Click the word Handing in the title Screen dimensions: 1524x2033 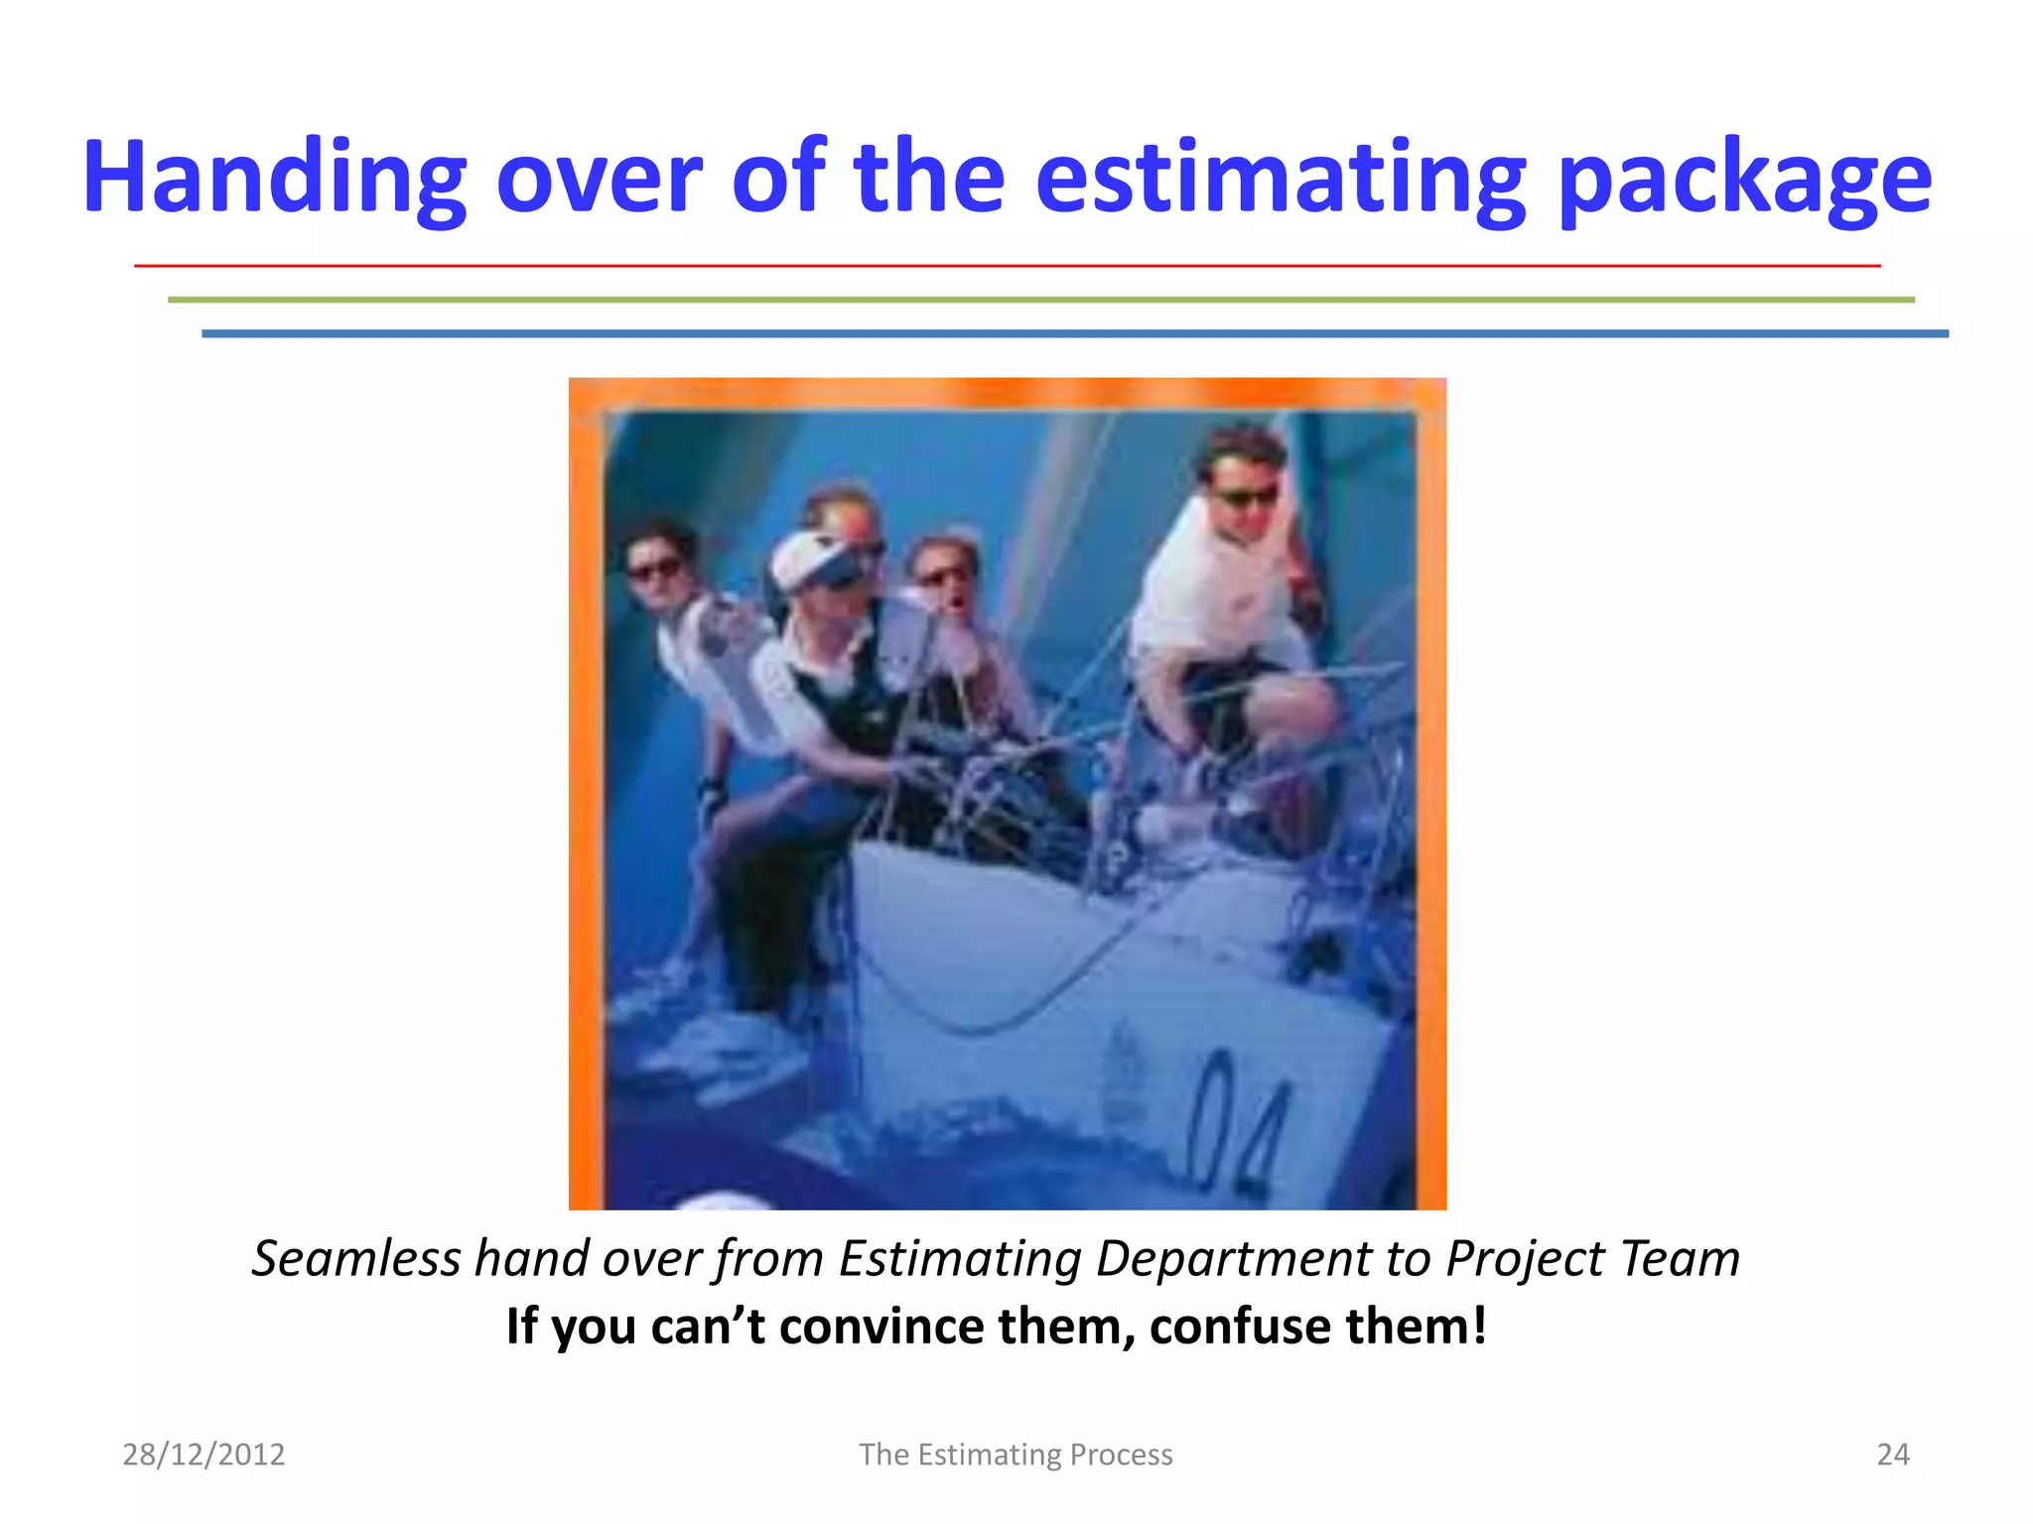pyautogui.click(x=274, y=179)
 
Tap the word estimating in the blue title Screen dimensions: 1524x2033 pyautogui.click(x=1281, y=179)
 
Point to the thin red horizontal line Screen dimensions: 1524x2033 pyautogui.click(x=1007, y=266)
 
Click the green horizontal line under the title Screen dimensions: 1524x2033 pyautogui.click(x=1040, y=299)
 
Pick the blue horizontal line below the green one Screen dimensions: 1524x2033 pyautogui.click(x=1074, y=333)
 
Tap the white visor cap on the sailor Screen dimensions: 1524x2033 pyautogui.click(x=814, y=561)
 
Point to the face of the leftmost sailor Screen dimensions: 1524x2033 pyautogui.click(x=657, y=566)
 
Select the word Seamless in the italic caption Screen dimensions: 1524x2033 pyautogui.click(x=355, y=1258)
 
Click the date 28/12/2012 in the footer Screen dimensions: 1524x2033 pyautogui.click(x=203, y=1454)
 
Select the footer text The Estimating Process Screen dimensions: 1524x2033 pyautogui.click(x=1016, y=1454)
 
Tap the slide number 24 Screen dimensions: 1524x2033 pyautogui.click(x=1892, y=1454)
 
